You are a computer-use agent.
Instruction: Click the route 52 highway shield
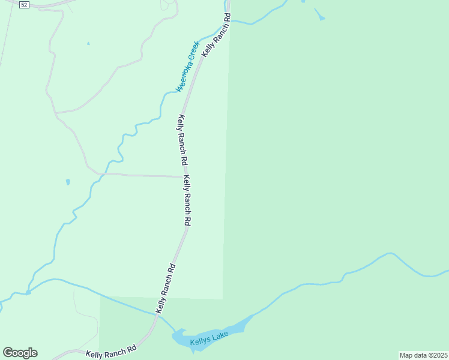click(23, 4)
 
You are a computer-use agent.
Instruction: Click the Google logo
click(20, 353)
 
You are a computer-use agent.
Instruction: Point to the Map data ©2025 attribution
click(424, 355)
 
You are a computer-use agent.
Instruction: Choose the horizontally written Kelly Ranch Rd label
click(111, 351)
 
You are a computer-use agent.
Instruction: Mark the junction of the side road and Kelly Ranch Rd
click(182, 177)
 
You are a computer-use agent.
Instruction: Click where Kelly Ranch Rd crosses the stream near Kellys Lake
click(160, 313)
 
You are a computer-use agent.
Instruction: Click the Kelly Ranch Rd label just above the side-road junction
click(182, 140)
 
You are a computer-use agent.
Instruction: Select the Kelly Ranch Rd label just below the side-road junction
click(187, 200)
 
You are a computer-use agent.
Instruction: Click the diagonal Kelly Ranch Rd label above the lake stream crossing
click(166, 287)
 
